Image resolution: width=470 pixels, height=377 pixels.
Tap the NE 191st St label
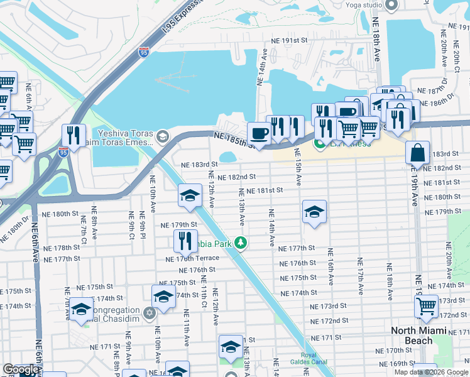coord(292,40)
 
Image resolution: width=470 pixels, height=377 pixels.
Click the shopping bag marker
coord(418,152)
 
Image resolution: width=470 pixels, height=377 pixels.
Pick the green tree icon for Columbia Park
coord(240,243)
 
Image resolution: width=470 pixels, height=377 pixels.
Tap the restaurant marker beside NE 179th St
coord(185,241)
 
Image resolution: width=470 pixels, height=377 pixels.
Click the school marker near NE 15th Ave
coord(314,212)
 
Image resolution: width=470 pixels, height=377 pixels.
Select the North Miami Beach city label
coord(420,336)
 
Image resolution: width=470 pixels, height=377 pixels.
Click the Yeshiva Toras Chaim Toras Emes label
coord(125,137)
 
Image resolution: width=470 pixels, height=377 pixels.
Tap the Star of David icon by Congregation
coord(149,312)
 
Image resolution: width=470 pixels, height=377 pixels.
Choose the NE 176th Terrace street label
coord(192,258)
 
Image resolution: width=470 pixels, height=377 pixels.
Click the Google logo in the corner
coord(21,369)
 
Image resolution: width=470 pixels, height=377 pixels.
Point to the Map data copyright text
coord(431,372)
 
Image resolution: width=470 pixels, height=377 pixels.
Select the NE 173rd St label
coord(329,306)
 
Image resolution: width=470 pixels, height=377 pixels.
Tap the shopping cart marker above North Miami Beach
coord(427,306)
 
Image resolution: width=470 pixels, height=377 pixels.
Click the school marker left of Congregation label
coord(81,310)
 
